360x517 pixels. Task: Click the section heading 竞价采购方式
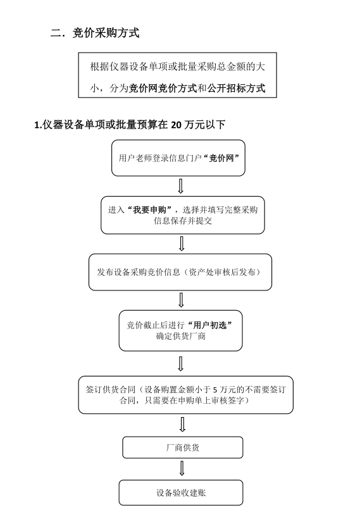click(x=106, y=33)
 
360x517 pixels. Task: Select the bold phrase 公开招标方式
click(x=237, y=88)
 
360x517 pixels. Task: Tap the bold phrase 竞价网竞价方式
click(x=163, y=88)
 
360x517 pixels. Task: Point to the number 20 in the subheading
click(x=177, y=125)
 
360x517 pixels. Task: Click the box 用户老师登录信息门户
click(x=178, y=158)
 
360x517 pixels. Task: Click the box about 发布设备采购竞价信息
click(x=180, y=272)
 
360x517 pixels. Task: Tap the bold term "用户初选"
click(x=210, y=325)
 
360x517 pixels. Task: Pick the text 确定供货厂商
click(x=181, y=336)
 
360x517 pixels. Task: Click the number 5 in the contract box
click(x=215, y=390)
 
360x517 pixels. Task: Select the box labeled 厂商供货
click(x=183, y=447)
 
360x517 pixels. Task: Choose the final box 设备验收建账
click(x=181, y=492)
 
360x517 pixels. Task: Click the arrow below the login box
click(x=180, y=186)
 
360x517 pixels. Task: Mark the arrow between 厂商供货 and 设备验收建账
click(x=182, y=468)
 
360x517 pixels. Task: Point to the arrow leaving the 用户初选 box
click(x=180, y=364)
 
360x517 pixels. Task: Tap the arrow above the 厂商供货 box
click(x=182, y=425)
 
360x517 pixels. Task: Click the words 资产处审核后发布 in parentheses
click(x=222, y=272)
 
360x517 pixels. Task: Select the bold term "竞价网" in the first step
click(x=221, y=158)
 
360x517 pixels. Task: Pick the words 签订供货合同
click(x=111, y=390)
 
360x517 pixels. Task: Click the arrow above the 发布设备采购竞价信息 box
click(x=181, y=244)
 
